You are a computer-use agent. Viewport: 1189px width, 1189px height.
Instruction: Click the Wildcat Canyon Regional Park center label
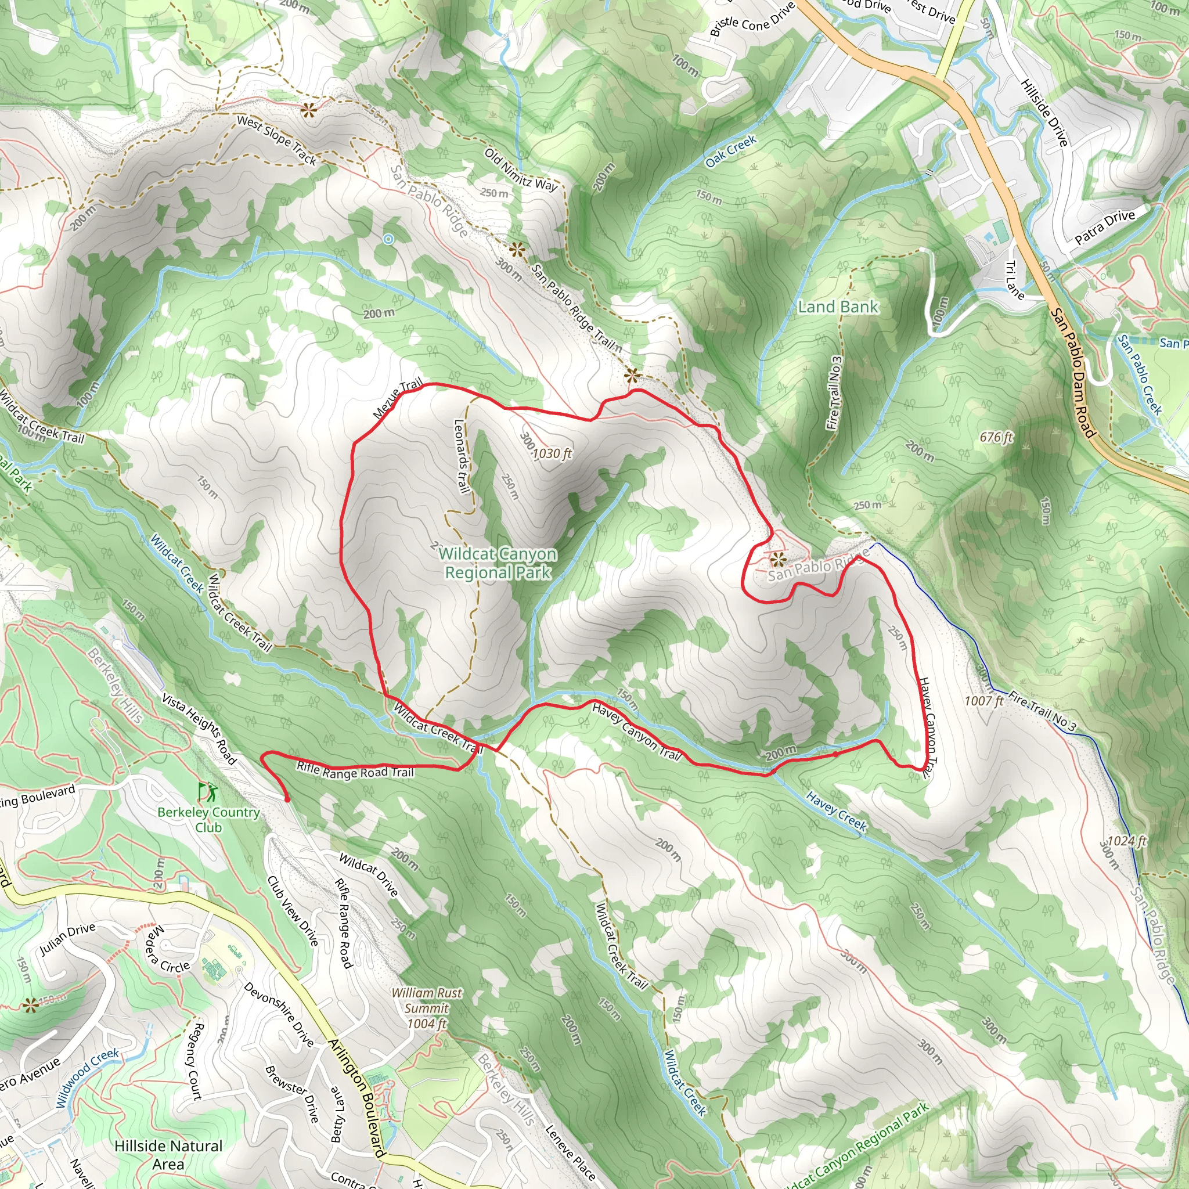498,563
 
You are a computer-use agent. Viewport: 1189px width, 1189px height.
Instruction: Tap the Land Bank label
838,307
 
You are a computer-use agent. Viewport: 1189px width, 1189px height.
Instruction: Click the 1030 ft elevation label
552,453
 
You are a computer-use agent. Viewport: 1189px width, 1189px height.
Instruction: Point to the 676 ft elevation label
996,437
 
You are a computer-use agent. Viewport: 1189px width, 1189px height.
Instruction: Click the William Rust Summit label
427,1008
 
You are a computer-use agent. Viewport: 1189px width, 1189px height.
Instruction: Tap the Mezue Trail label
398,399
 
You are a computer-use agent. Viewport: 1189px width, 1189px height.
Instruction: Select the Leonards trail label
462,456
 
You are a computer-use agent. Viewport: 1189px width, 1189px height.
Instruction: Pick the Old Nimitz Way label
521,170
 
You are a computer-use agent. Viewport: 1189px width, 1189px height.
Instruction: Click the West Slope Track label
277,140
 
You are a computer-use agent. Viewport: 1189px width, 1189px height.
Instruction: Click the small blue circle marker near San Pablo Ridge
388,239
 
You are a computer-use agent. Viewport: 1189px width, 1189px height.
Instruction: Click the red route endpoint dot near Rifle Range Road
287,799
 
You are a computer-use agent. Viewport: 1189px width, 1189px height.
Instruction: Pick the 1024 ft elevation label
1127,841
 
